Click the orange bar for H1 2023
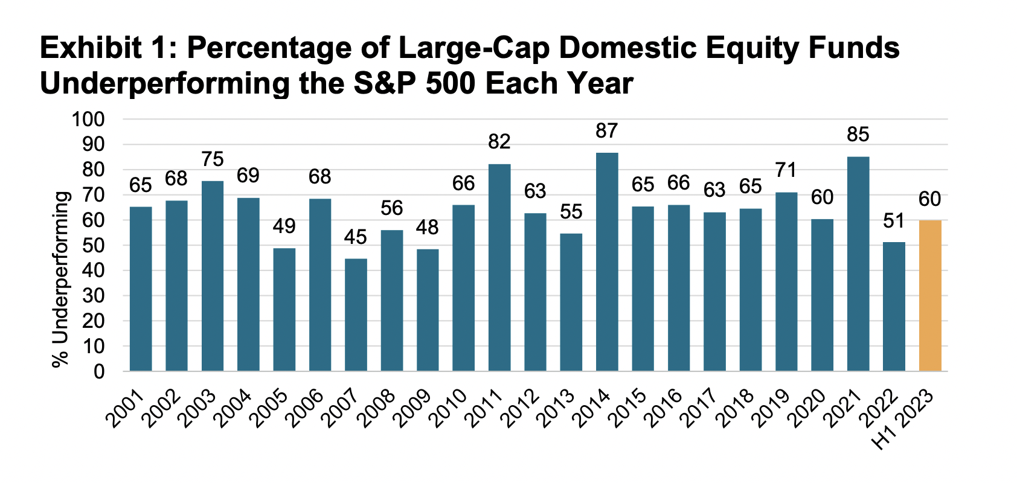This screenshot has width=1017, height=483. coord(930,296)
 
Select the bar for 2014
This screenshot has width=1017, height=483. coord(607,262)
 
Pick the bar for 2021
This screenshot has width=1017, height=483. coord(858,264)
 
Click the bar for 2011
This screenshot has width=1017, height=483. coord(499,267)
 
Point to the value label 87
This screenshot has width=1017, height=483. coord(607,131)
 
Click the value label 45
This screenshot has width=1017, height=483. coord(356,237)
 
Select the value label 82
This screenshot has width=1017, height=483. coord(499,142)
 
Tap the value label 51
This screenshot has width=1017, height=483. coord(894,221)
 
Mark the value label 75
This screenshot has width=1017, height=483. coord(213,159)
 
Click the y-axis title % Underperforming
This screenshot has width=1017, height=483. coord(60,279)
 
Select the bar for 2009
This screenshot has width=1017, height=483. coord(428,310)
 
